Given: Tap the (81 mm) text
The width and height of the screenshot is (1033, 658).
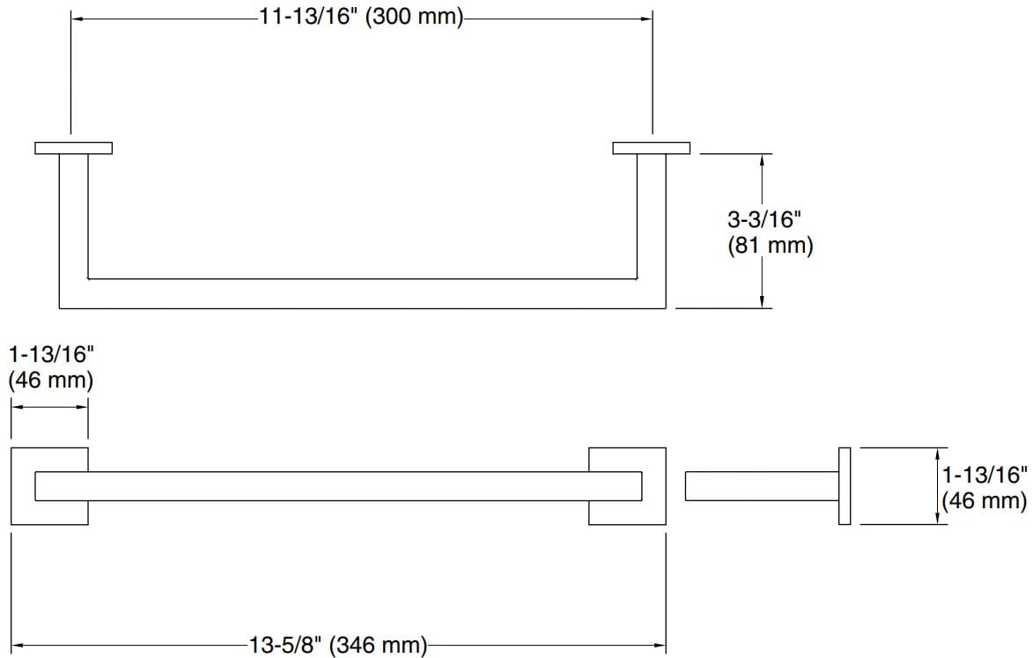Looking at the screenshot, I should point(770,246).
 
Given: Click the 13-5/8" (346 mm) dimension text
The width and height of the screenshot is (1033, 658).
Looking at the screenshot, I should point(339,646).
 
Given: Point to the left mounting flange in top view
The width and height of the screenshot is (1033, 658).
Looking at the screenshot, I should point(73,147).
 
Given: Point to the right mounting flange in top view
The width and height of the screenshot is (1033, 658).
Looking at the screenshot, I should point(651,147).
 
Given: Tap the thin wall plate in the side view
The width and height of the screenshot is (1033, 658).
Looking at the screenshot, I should point(845,486).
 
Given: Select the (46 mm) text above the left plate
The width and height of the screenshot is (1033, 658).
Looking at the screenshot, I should point(50,381).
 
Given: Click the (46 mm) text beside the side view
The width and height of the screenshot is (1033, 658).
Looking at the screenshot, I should point(984,501).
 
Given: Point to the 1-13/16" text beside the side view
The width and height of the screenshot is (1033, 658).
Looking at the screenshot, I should point(985,476).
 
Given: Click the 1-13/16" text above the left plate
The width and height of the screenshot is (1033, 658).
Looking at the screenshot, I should point(50,355).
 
